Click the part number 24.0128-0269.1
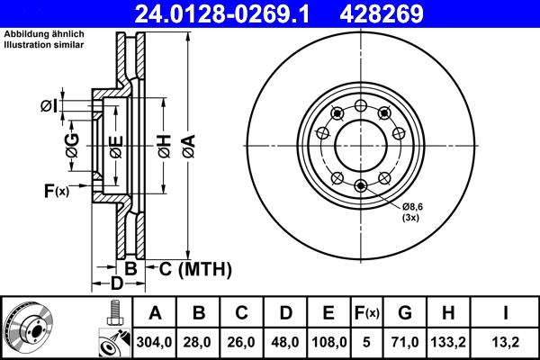click(232, 13)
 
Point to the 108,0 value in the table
click(328, 342)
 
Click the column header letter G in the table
click(405, 313)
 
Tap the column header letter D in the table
click(285, 313)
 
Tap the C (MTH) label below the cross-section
click(196, 268)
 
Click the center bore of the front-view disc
click(361, 144)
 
